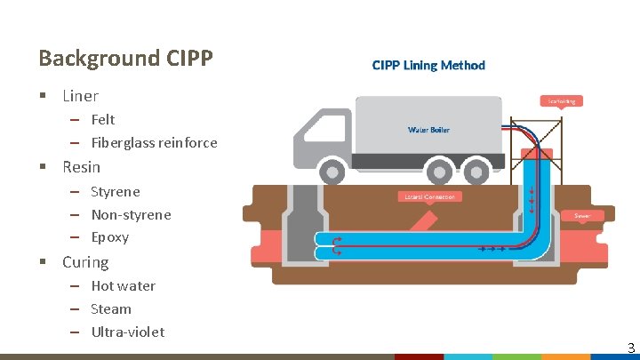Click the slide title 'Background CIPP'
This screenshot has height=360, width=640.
click(x=125, y=59)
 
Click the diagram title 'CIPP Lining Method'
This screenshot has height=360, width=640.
click(x=428, y=65)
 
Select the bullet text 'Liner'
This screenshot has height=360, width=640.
click(x=80, y=96)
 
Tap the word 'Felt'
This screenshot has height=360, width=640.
click(x=103, y=119)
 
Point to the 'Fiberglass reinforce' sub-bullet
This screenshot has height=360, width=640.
click(x=154, y=142)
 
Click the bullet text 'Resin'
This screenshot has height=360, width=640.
click(x=81, y=167)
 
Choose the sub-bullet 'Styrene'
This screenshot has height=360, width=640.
click(x=116, y=191)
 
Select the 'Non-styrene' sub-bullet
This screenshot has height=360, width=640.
click(x=131, y=214)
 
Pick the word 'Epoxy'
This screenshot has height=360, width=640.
click(x=110, y=237)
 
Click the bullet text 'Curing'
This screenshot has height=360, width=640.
click(x=85, y=262)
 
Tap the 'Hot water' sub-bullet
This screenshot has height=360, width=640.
click(x=123, y=285)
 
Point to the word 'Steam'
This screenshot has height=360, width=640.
click(x=111, y=308)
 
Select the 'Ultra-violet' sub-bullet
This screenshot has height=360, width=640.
click(x=128, y=332)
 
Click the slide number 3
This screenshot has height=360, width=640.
click(x=629, y=348)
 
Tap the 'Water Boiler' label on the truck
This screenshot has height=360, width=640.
click(x=428, y=130)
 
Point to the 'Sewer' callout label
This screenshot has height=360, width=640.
click(x=582, y=215)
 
